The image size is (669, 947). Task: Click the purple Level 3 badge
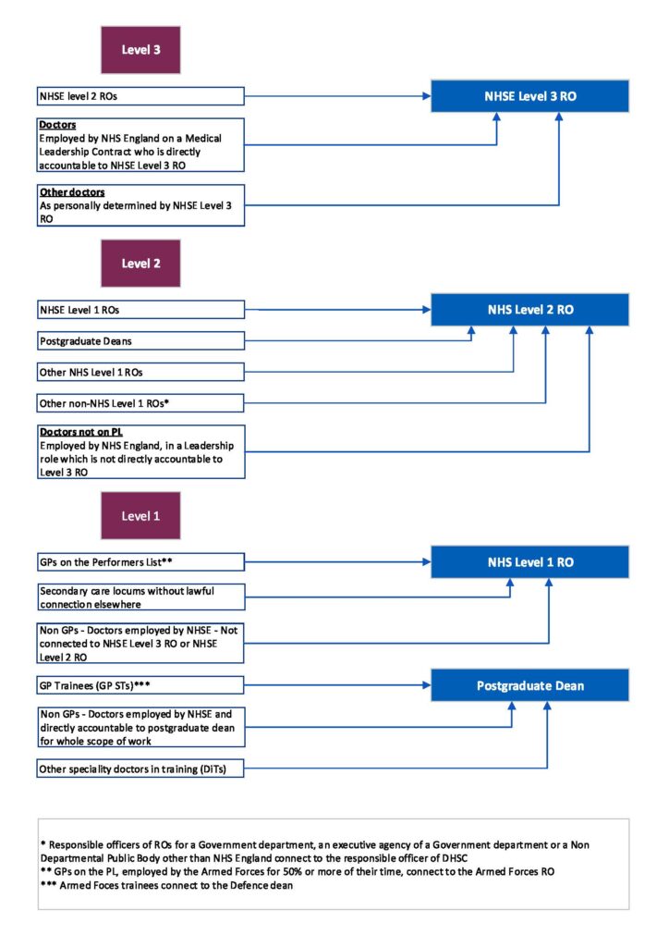coord(140,49)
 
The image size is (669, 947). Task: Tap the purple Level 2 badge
coord(140,264)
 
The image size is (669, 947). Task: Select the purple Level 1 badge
coord(140,515)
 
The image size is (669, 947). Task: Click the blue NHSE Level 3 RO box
coord(530,95)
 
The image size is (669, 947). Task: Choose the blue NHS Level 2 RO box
coord(530,310)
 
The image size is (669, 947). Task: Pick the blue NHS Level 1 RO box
coord(530,561)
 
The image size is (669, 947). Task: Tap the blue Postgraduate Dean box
coord(530,685)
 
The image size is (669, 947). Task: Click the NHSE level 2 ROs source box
coord(140,95)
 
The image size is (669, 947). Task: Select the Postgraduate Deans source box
coord(140,341)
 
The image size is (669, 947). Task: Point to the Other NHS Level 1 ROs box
coord(140,372)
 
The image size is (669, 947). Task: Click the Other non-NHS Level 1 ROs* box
coord(140,403)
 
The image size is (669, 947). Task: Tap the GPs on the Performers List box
coord(140,561)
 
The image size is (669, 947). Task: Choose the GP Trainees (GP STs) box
coord(140,685)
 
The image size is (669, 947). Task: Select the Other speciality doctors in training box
coord(140,769)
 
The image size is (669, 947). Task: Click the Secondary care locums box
coord(140,597)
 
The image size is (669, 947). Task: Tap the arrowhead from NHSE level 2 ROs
coord(426,95)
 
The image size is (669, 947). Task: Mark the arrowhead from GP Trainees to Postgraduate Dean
coord(426,685)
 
